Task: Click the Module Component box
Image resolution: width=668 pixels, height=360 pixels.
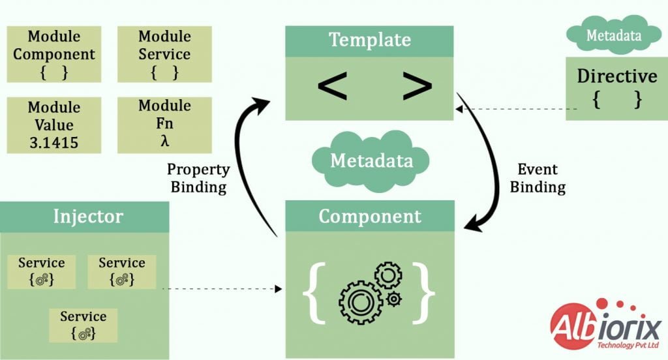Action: click(x=54, y=54)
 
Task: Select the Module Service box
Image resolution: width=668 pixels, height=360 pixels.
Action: click(x=164, y=54)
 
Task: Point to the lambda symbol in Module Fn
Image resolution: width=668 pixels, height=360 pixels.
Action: click(x=164, y=141)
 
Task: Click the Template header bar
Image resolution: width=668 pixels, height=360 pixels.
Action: click(x=370, y=40)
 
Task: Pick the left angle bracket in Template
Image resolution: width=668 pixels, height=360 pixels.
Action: click(x=333, y=87)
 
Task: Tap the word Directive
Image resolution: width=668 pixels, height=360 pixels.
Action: click(x=616, y=76)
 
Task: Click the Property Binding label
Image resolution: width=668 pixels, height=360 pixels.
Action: click(x=198, y=178)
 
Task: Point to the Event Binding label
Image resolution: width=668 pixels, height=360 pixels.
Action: click(x=538, y=178)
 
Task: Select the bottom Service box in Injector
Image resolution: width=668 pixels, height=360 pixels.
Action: click(x=83, y=325)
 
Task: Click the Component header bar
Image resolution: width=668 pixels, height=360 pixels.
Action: click(x=370, y=217)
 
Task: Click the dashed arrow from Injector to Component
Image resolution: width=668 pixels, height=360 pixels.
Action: click(x=222, y=288)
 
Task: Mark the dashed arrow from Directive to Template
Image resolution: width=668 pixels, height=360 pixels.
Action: click(x=515, y=109)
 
